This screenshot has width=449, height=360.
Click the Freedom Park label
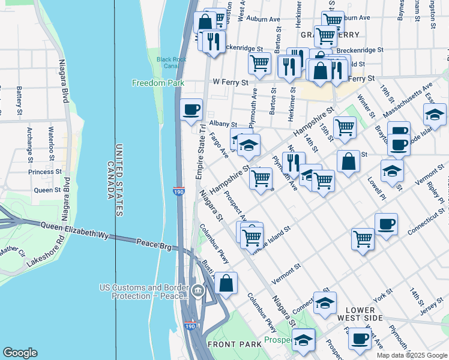click(158, 83)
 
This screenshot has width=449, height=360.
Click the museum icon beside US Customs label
click(198, 292)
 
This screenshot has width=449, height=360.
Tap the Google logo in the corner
click(20, 353)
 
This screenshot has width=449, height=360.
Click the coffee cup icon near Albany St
click(191, 110)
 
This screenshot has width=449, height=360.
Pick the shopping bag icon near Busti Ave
click(226, 284)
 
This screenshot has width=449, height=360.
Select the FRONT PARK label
click(232, 344)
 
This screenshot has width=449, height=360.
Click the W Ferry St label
click(230, 82)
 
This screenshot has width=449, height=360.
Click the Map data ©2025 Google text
click(411, 355)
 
